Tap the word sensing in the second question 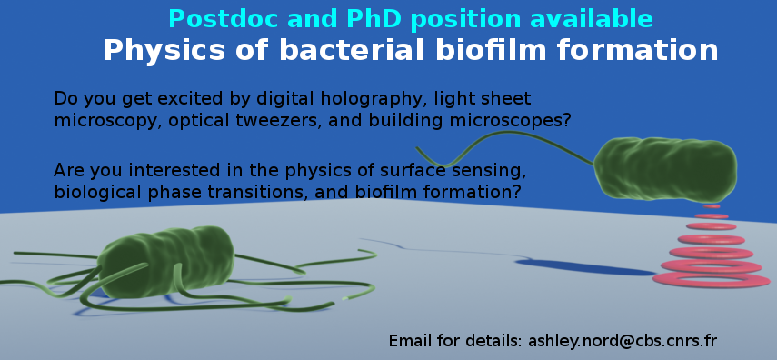click(x=493, y=170)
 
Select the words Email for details click(x=455, y=341)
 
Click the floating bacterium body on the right click(x=665, y=169)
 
